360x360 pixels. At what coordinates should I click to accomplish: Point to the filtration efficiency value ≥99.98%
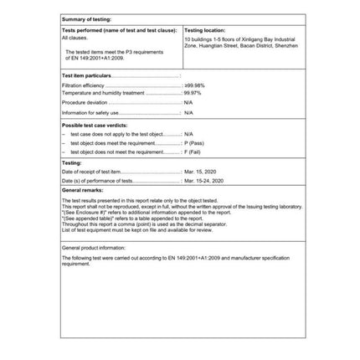coord(193,85)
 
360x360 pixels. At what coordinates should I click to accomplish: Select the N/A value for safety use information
coord(188,112)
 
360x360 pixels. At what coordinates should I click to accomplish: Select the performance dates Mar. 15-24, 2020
coord(203,180)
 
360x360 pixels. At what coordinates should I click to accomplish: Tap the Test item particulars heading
coord(87,75)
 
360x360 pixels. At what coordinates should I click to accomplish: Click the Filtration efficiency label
coord(80,85)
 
